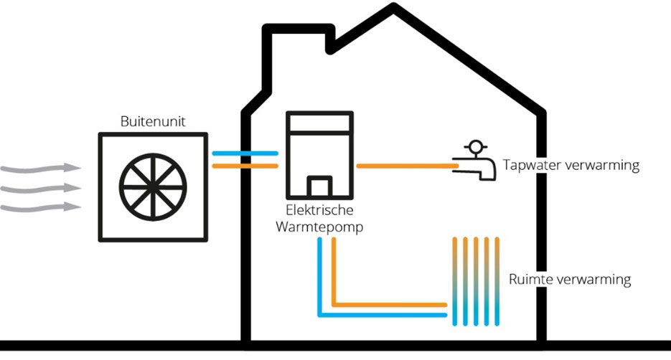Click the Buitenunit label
[x=154, y=122]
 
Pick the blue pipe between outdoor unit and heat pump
[x=245, y=153]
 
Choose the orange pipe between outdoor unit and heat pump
[x=245, y=166]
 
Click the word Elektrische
[x=318, y=212]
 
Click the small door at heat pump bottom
[x=319, y=188]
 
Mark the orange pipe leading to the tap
[x=405, y=166]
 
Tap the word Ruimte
[x=529, y=280]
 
